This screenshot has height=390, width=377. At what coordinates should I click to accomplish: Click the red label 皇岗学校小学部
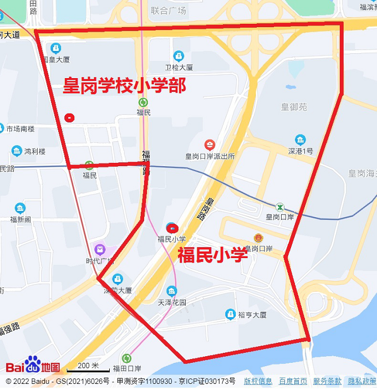(124, 85)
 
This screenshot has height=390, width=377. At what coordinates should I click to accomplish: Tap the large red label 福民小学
(212, 255)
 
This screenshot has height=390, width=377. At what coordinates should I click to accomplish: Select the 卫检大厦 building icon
(178, 56)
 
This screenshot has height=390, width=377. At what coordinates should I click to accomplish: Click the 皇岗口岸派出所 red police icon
(210, 145)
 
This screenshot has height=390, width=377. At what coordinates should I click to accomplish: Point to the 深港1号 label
(300, 151)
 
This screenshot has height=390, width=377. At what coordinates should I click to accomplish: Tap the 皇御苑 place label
(294, 107)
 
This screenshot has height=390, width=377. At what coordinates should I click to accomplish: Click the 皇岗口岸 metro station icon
(280, 207)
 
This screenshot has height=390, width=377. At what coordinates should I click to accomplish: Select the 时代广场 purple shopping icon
(100, 250)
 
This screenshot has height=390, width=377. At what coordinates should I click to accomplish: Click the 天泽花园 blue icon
(172, 291)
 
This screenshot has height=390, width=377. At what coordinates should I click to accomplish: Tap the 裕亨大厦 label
(252, 315)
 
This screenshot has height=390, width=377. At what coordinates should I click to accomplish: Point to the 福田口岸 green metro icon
(127, 358)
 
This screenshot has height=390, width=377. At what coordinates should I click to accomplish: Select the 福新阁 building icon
(20, 208)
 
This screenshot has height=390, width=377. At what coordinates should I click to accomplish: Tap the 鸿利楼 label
(35, 151)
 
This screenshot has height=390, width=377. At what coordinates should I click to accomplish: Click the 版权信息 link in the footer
(258, 381)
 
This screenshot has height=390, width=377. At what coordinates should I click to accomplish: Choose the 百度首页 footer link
(293, 381)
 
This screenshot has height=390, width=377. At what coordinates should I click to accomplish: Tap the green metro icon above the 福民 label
(144, 102)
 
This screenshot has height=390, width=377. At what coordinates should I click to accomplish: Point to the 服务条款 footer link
(327, 381)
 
